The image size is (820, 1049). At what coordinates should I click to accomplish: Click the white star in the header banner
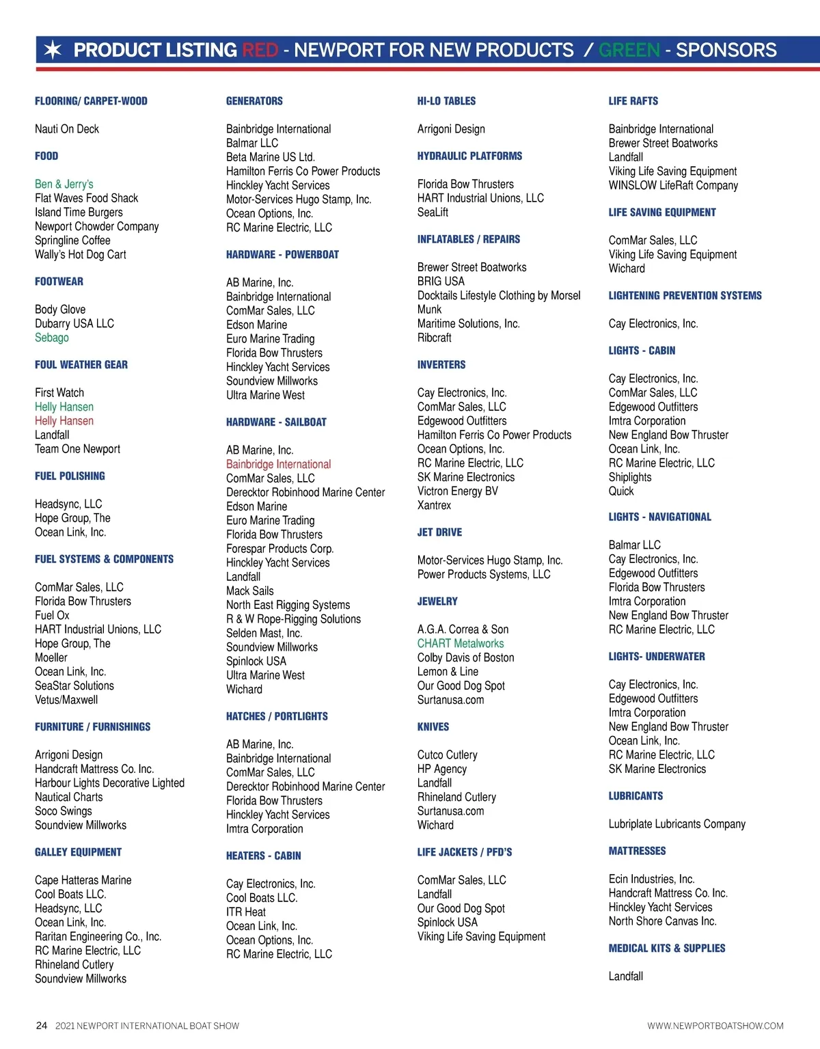tap(53, 50)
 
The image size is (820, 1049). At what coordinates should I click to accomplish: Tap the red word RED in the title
tap(260, 50)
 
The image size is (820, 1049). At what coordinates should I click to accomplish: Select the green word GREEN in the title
tap(629, 50)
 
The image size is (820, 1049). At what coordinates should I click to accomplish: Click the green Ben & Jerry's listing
tap(64, 184)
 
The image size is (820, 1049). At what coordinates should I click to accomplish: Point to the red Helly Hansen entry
tap(64, 421)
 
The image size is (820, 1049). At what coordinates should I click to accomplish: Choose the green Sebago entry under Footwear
tap(52, 338)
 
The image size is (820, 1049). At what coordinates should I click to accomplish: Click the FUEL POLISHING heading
tap(70, 476)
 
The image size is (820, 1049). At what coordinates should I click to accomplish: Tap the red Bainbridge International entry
tap(278, 464)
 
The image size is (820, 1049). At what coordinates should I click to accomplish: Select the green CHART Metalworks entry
tap(461, 643)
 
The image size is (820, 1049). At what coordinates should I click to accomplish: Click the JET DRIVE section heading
tap(439, 532)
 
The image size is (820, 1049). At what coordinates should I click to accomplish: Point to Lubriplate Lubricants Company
tap(676, 824)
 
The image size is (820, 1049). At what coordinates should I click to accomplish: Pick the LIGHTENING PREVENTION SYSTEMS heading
tap(685, 296)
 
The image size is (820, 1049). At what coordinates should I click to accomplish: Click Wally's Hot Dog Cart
tap(81, 254)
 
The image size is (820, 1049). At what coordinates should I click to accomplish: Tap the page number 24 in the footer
tap(42, 1025)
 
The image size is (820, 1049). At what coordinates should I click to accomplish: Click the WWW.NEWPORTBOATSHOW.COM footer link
tap(715, 1026)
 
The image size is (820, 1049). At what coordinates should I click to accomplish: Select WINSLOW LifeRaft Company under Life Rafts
tap(673, 185)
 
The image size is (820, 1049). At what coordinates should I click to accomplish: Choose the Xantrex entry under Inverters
tap(435, 505)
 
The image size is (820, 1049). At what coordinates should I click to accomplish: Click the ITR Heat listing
tap(246, 912)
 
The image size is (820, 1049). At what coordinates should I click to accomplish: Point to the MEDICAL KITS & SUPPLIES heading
tap(667, 949)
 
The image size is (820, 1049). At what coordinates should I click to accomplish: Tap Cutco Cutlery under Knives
tap(448, 754)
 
